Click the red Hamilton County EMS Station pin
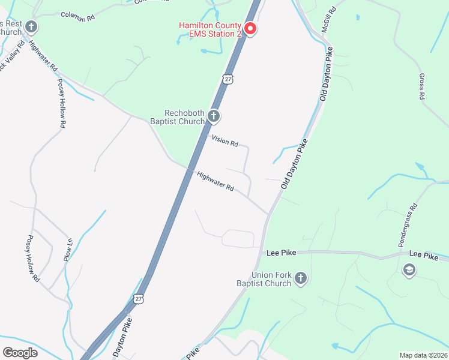250,29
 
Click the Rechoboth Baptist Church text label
185,118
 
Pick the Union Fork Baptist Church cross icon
301,278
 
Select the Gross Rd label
422,87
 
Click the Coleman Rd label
78,17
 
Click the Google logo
20,352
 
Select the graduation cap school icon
409,271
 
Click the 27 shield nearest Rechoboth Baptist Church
227,79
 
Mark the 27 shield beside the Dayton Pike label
139,299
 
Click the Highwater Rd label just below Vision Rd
215,181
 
